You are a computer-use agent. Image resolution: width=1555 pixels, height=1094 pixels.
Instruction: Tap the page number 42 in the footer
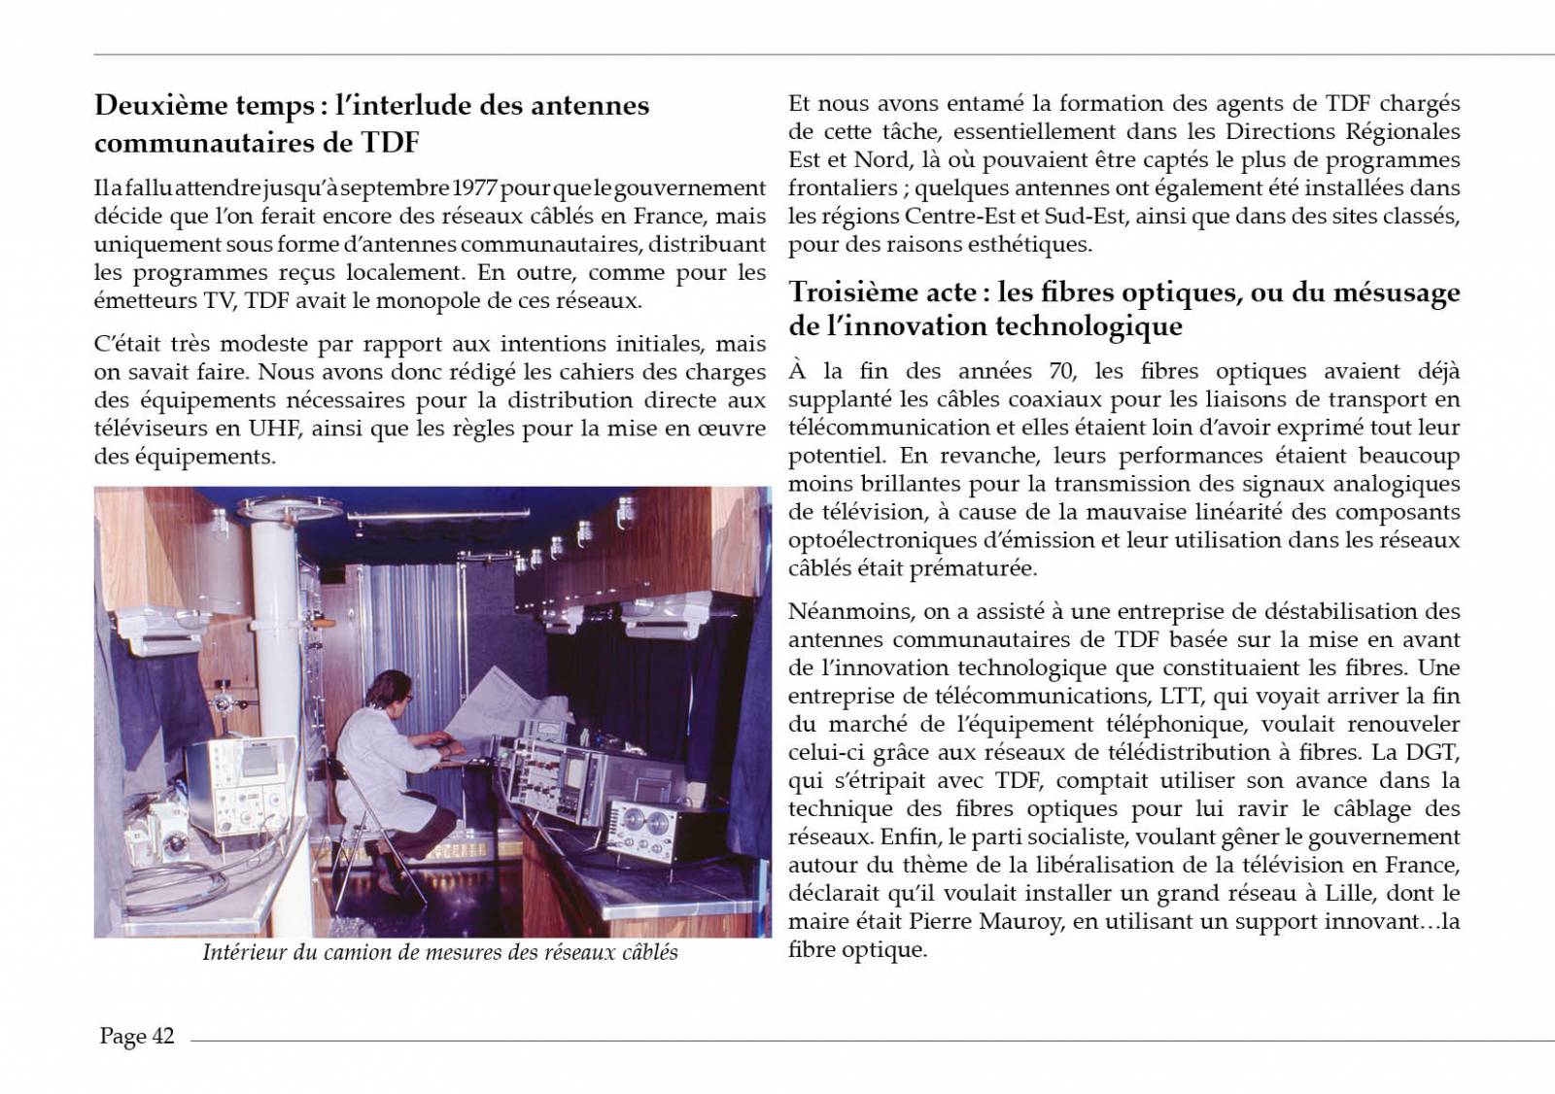(x=162, y=1037)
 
